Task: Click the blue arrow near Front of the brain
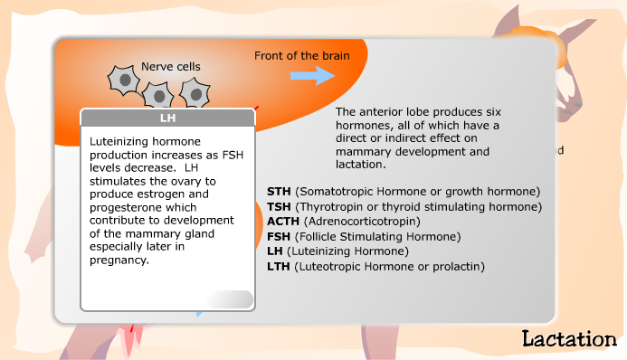pyautogui.click(x=312, y=75)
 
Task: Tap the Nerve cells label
pyautogui.click(x=170, y=66)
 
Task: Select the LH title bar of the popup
pyautogui.click(x=168, y=118)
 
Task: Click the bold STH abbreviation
pyautogui.click(x=280, y=192)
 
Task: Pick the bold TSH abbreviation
pyautogui.click(x=280, y=206)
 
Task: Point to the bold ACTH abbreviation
pyautogui.click(x=284, y=221)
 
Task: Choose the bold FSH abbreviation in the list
pyautogui.click(x=280, y=237)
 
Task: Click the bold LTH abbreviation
pyautogui.click(x=280, y=266)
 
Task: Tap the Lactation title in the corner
pyautogui.click(x=568, y=339)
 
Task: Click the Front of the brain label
pyautogui.click(x=296, y=55)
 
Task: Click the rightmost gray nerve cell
pyautogui.click(x=194, y=92)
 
